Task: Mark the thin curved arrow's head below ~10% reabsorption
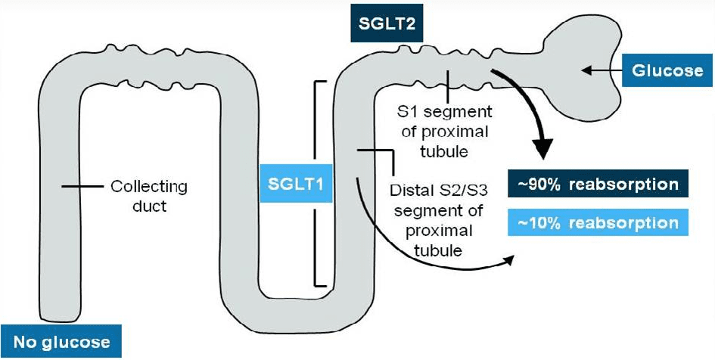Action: (508, 259)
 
